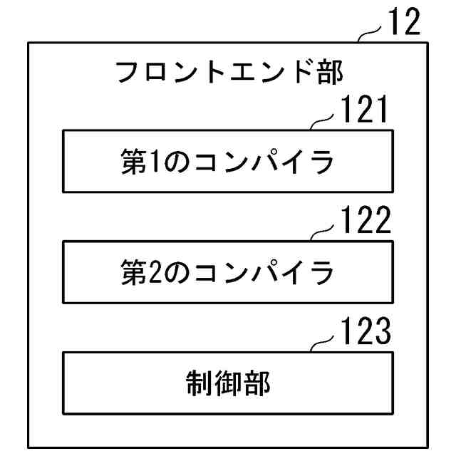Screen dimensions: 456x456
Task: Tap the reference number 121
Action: (363, 111)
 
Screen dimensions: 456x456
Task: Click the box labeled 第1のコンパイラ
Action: (228, 161)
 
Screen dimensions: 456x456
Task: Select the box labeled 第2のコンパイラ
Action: (228, 271)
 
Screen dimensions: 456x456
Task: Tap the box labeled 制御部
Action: (228, 383)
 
